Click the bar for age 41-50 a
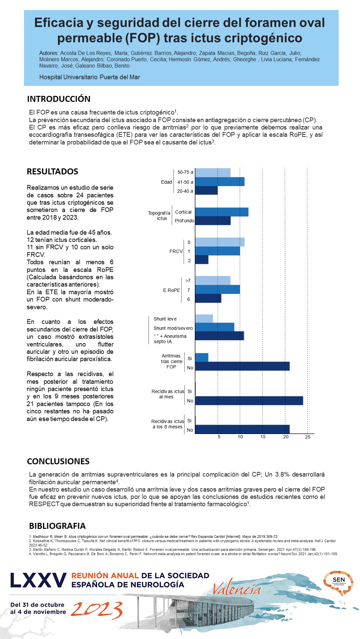coord(220,182)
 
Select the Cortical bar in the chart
coord(222,212)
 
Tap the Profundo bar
coord(213,221)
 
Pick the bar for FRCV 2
coord(202,260)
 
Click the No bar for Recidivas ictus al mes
coord(249,401)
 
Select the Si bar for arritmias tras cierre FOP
coord(202,357)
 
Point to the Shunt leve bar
coord(204,319)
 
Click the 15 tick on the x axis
coord(263,437)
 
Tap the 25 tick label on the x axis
coord(308,437)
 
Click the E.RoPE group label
coord(172,290)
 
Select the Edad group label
coord(167,182)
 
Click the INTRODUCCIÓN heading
coord(59,99)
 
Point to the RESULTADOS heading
coord(53,171)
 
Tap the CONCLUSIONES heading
coord(58,461)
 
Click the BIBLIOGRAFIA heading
coord(57,526)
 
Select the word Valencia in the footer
coord(237,590)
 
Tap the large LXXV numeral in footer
coord(38,581)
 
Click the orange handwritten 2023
coord(97,610)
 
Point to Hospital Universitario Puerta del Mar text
coord(90,77)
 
